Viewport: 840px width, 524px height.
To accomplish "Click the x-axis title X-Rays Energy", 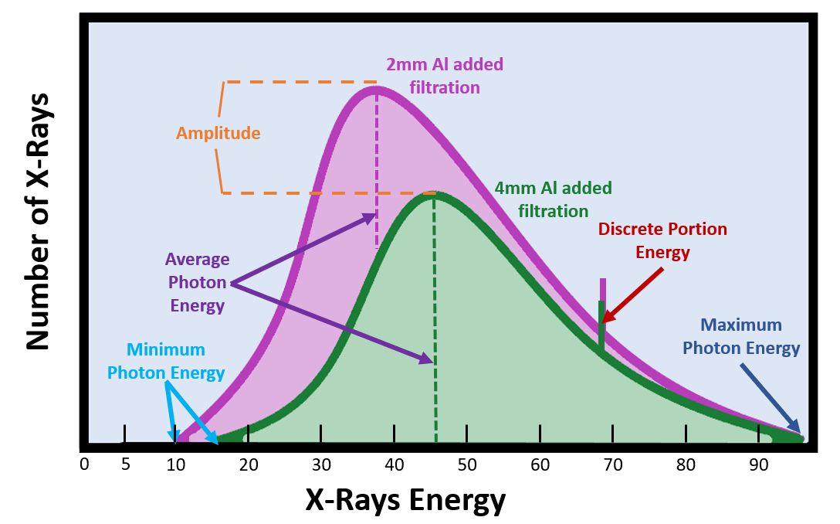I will [405, 501].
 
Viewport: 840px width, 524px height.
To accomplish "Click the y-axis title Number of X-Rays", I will [37, 222].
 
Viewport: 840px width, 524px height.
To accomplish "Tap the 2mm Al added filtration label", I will [444, 76].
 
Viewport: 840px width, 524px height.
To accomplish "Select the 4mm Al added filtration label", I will [553, 199].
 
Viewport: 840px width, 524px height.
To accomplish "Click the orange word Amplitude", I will [218, 133].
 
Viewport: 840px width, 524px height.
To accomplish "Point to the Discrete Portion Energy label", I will [662, 240].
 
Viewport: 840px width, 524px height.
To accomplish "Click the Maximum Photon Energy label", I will [740, 337].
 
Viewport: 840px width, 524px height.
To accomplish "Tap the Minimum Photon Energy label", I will [166, 361].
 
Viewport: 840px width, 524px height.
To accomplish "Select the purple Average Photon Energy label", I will [197, 282].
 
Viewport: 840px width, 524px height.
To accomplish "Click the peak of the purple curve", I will [376, 88].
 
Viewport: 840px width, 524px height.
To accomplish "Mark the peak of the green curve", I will [434, 195].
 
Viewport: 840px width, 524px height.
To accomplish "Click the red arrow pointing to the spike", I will [633, 294].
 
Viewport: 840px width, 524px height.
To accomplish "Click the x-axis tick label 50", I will [467, 464].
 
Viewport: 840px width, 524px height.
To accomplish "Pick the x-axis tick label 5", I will [125, 464].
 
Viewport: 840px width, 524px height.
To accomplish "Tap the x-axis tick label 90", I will [759, 464].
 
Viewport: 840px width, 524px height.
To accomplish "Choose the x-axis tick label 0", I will [85, 464].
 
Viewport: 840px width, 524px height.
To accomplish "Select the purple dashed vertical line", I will [376, 170].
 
